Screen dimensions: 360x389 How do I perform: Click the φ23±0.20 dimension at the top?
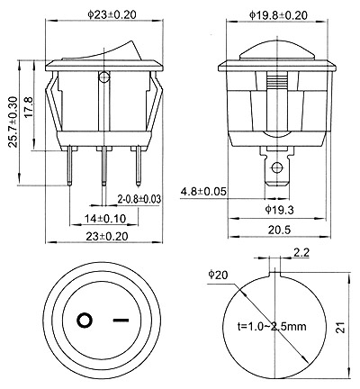click(112, 14)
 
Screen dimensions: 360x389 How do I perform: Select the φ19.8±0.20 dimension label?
click(278, 15)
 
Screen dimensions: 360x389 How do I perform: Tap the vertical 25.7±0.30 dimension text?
click(13, 122)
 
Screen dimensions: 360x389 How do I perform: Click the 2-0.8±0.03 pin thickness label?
click(139, 199)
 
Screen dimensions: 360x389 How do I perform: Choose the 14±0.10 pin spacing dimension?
click(104, 219)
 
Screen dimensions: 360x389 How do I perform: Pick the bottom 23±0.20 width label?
click(107, 236)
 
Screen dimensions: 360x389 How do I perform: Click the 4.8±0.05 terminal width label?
click(203, 191)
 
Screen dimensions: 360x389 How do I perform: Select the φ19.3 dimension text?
click(279, 210)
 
